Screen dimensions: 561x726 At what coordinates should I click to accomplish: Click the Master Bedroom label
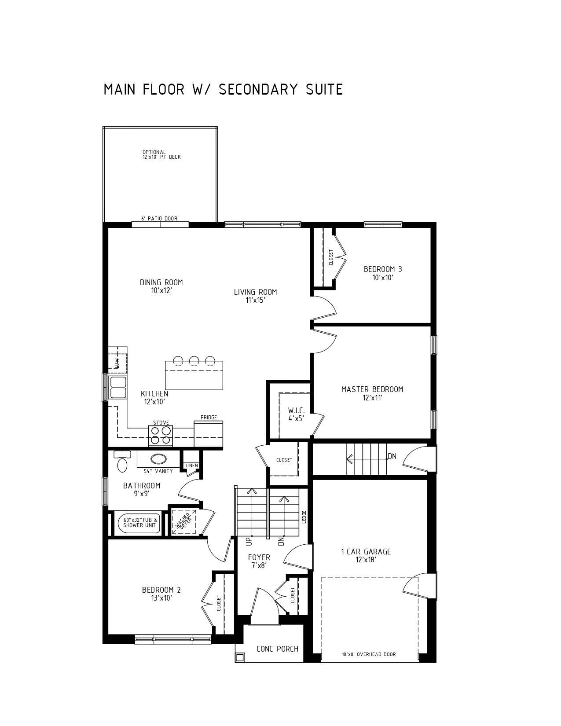click(x=372, y=393)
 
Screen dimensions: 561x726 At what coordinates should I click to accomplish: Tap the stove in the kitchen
click(x=161, y=436)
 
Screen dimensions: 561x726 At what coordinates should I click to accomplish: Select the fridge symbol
click(x=209, y=434)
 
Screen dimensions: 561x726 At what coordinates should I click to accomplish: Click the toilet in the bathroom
click(x=122, y=462)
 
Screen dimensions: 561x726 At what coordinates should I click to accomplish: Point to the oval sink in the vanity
click(x=158, y=459)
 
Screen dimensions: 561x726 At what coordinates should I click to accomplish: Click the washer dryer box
click(x=183, y=522)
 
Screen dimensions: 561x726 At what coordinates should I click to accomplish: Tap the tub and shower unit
click(x=139, y=523)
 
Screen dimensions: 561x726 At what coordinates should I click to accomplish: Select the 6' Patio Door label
click(x=159, y=219)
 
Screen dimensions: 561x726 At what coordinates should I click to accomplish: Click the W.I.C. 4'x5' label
click(x=297, y=414)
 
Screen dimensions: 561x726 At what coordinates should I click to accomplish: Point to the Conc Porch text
click(x=277, y=649)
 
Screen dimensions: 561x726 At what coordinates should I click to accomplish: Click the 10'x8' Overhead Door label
click(x=369, y=655)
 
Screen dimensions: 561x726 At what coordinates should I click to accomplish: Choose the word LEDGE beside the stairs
click(x=304, y=517)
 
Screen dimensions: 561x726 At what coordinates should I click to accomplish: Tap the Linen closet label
click(x=191, y=466)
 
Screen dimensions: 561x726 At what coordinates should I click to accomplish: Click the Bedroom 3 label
click(x=383, y=273)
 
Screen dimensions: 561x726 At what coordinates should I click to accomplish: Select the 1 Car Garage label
click(x=366, y=556)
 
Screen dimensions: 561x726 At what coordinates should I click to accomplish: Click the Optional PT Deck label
click(x=161, y=155)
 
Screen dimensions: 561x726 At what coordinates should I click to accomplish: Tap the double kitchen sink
click(x=118, y=388)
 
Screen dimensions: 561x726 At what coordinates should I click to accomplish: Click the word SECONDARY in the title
click(x=258, y=89)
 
